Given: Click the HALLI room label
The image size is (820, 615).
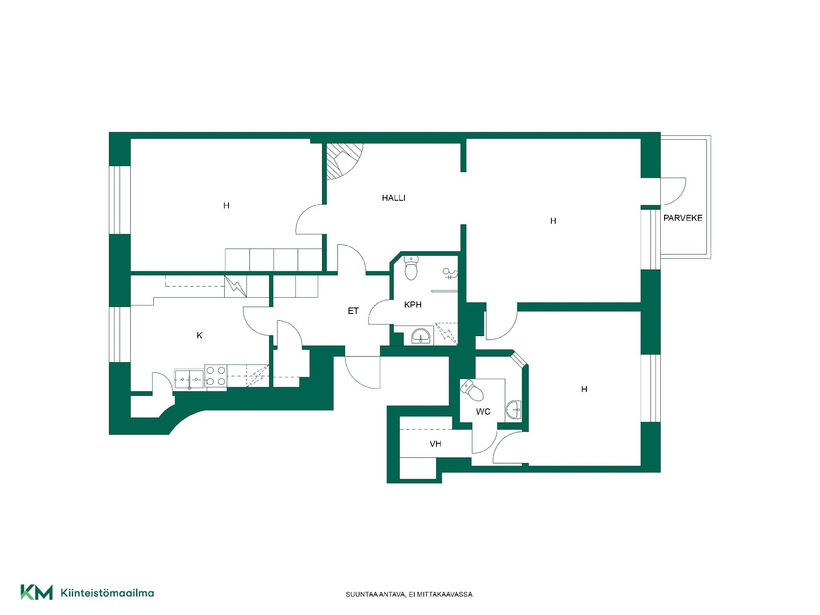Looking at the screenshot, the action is coord(393,198).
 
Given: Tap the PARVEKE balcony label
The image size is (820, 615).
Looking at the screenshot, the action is coord(682,218).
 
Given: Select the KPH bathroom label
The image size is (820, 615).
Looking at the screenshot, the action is coord(413,305).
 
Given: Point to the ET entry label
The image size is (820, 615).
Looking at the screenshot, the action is coord(353,311).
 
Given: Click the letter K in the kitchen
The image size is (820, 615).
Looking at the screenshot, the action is coord(199,335).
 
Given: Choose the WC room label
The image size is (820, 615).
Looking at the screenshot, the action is coord(483,412).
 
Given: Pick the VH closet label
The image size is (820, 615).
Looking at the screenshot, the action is coord(435,444).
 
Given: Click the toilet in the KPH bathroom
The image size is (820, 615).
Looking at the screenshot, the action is coord(411,268).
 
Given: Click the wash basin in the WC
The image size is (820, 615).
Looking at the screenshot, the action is coord(514,410).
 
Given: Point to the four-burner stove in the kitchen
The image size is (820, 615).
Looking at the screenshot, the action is coord(215,376).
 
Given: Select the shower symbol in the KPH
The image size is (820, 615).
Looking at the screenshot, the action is coord(450,273).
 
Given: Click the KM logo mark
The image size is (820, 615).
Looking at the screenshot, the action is coord(37,592).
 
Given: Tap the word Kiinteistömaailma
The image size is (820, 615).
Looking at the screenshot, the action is coord(108,593).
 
